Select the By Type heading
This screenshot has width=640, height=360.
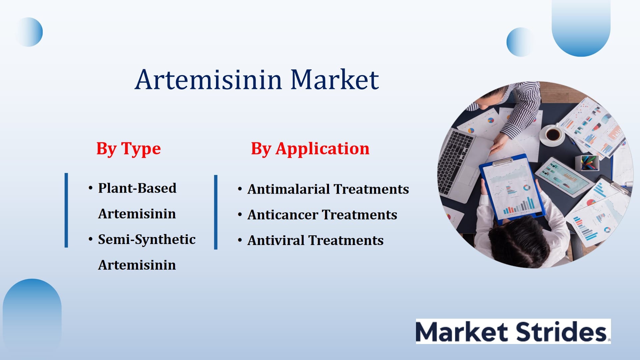[x=129, y=149]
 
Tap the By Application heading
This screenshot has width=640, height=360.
[x=310, y=149]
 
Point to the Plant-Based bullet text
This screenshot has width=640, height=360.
[x=137, y=188]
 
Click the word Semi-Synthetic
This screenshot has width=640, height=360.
[x=147, y=239]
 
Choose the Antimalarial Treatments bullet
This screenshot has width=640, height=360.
[x=328, y=189]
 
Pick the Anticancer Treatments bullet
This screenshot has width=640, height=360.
[x=322, y=215]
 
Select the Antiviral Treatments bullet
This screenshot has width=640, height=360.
[x=315, y=240]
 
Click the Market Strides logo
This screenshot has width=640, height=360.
[x=513, y=331]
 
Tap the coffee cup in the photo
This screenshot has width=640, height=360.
[x=553, y=135]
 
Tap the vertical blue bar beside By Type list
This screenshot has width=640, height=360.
[x=66, y=210]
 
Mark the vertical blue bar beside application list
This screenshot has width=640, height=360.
[x=216, y=212]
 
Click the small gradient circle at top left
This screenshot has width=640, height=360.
[x=29, y=32]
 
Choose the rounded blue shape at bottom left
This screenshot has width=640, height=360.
[x=32, y=317]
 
